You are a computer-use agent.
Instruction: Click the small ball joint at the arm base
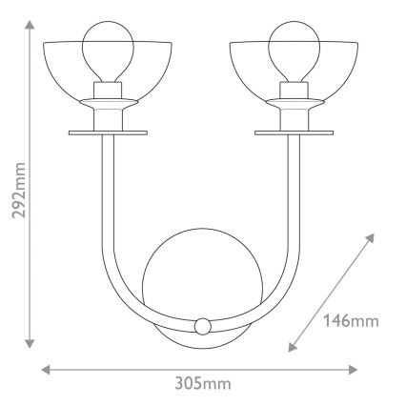pyautogui.click(x=201, y=326)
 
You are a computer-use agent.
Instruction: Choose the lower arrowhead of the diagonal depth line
pyautogui.click(x=290, y=344)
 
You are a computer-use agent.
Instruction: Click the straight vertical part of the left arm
pyautogui.click(x=102, y=200)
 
